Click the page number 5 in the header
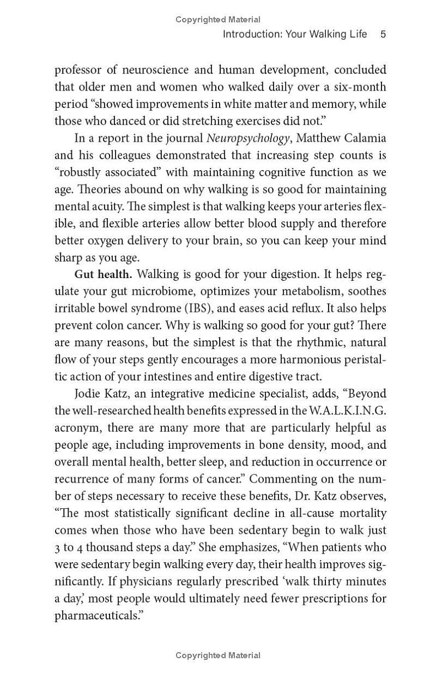pyautogui.click(x=383, y=34)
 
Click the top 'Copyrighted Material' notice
pyautogui.click(x=218, y=20)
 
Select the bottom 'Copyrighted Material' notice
pyautogui.click(x=218, y=655)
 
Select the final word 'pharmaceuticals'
pyautogui.click(x=95, y=616)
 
